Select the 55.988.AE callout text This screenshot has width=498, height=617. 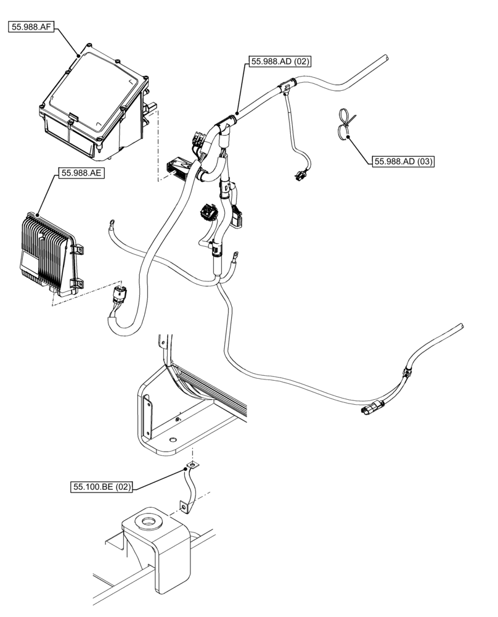(x=82, y=173)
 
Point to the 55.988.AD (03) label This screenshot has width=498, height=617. (x=403, y=162)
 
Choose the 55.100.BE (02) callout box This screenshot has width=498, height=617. (x=100, y=487)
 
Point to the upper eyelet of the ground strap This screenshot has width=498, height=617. (x=193, y=465)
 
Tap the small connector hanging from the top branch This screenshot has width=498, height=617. (x=300, y=177)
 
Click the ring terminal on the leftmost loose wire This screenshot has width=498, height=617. (x=112, y=220)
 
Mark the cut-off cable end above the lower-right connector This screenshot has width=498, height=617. (x=460, y=325)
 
